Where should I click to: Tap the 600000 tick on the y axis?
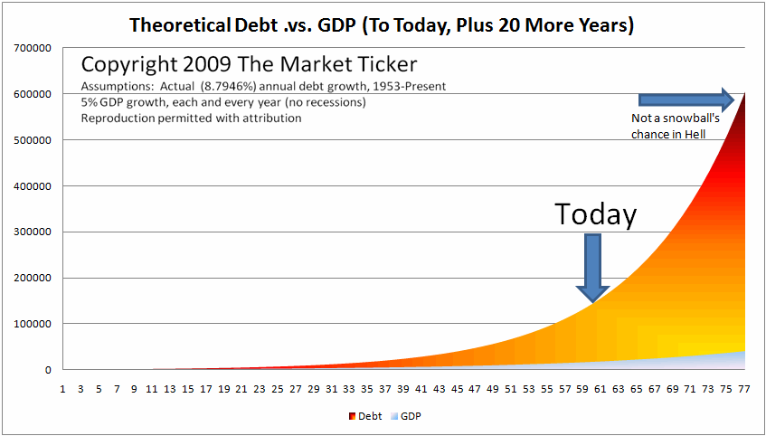click(35, 94)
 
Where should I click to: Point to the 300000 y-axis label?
click(35, 232)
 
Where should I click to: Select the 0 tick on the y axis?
click(48, 371)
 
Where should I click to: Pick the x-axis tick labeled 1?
click(63, 390)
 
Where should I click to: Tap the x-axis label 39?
click(403, 390)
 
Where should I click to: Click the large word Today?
click(596, 214)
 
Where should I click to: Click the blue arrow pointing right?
click(686, 100)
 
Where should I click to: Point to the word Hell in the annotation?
click(695, 135)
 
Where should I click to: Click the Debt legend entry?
click(365, 416)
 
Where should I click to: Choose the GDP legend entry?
click(405, 416)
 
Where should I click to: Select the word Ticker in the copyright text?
click(391, 64)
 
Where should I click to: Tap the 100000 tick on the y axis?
click(35, 324)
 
